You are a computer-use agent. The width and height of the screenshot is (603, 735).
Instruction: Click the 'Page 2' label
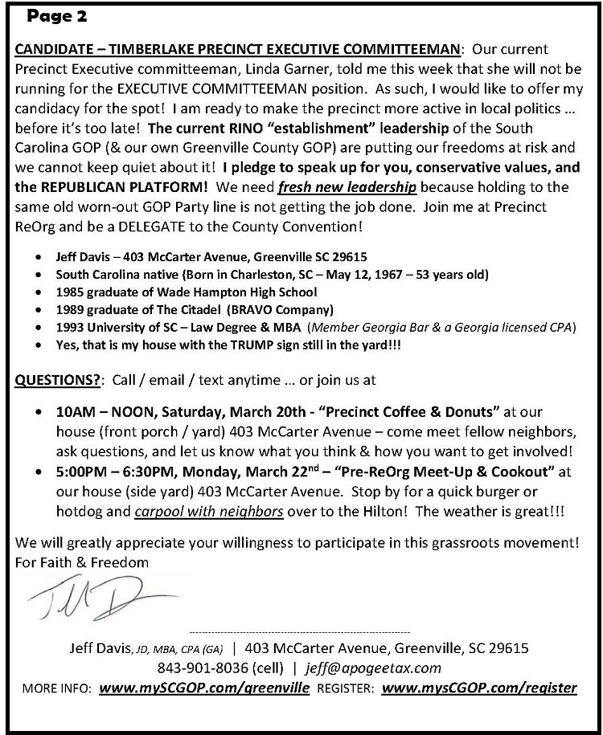(57, 16)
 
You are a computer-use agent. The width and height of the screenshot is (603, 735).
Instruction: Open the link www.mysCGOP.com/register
(479, 688)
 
